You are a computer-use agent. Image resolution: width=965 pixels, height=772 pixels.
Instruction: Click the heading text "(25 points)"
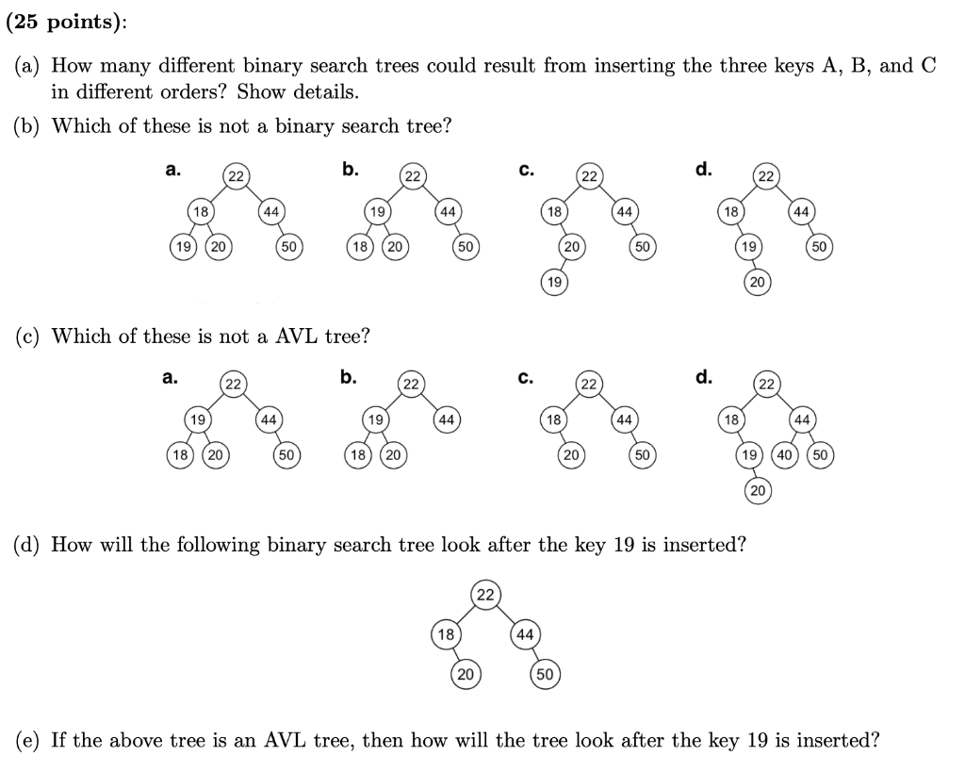(65, 24)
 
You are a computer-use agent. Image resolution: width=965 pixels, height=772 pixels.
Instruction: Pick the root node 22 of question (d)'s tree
(484, 595)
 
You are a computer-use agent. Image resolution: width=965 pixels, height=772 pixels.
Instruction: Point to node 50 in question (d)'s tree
(545, 674)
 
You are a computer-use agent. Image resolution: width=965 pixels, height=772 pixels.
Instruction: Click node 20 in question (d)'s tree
(464, 674)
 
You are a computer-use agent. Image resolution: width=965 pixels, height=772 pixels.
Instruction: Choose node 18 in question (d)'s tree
(444, 634)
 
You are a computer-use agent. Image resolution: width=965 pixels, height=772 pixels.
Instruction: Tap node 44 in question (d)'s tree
(525, 634)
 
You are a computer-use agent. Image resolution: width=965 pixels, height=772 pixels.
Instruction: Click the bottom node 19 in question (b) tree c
(555, 281)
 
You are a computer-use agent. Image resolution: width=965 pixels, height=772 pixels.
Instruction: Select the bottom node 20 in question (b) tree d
(756, 281)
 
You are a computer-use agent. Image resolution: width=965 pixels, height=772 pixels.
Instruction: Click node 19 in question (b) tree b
(377, 212)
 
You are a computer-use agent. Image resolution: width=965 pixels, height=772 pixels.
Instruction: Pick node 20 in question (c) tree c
(569, 455)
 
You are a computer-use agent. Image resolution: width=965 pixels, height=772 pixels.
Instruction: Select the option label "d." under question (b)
(703, 170)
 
